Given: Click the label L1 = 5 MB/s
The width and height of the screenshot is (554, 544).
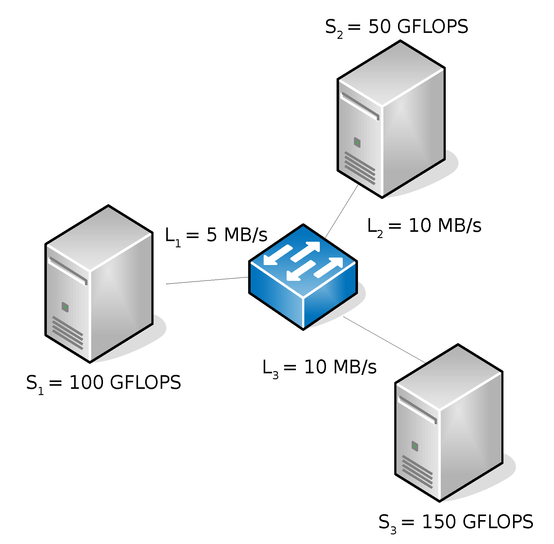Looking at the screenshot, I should pos(216,236).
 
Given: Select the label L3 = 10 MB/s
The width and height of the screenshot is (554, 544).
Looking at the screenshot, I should pos(319,368).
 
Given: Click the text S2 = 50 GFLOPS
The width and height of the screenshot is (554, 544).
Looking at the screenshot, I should pos(396,27).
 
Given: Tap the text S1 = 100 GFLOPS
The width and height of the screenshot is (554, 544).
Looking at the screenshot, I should pos(104,383).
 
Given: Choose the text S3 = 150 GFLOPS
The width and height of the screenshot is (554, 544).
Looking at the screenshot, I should pos(456,522).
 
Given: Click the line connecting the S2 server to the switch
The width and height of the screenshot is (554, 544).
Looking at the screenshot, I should pos(342,211).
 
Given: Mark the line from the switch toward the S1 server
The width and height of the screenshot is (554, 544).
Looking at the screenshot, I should pos(207,281).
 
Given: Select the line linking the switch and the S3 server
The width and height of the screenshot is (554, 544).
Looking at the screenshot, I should pos(385,340).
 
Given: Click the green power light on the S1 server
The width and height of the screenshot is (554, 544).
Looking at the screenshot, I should pos(65,307).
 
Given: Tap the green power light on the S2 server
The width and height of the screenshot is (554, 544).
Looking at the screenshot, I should pos(357,142).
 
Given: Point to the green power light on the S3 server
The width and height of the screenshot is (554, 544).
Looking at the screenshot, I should pos(415,446).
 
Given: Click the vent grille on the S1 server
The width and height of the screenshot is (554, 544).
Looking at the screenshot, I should pos(68,333).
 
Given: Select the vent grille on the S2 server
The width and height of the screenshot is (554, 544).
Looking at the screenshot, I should pos(360,168).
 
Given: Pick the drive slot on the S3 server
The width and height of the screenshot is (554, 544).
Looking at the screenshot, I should pos(418,410).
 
